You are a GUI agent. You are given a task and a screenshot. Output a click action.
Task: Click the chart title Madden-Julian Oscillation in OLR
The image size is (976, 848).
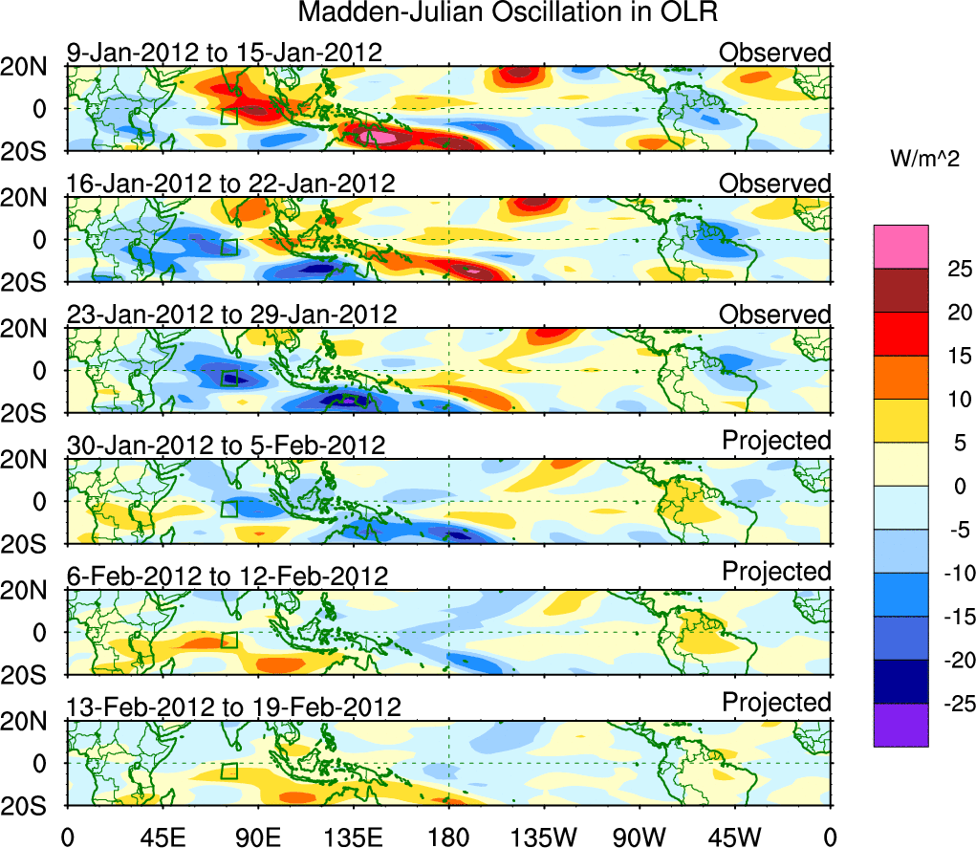tap(508, 13)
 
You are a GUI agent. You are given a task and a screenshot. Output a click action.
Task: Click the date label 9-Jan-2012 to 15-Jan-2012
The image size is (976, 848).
tap(225, 53)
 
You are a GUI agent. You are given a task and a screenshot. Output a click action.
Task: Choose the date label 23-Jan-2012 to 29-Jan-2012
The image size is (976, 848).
tap(230, 315)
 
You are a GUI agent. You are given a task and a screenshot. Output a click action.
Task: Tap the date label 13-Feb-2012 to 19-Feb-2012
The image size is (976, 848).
tap(233, 707)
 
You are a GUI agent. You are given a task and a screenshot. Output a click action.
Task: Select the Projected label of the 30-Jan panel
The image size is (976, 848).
tap(776, 441)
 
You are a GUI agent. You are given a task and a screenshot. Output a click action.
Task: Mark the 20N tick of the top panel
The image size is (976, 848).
tap(32, 67)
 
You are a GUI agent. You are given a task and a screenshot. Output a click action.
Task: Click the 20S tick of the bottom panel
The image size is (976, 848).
tap(32, 806)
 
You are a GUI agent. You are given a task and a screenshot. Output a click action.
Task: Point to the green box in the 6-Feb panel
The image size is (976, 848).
tap(228, 640)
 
